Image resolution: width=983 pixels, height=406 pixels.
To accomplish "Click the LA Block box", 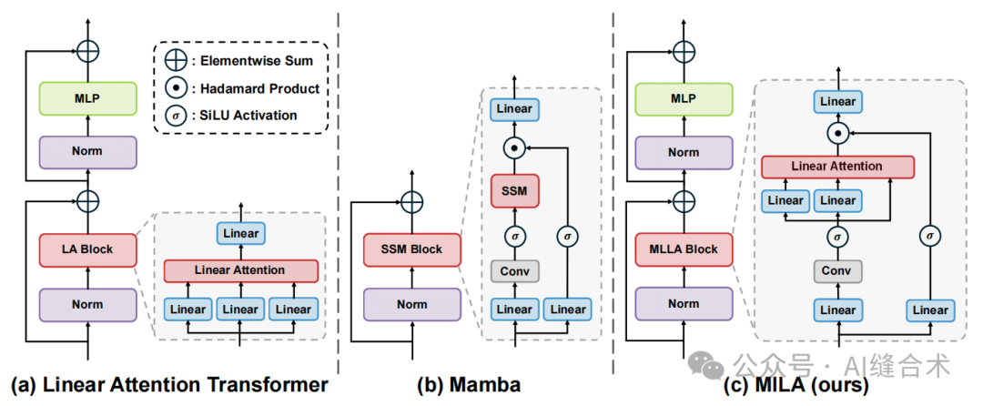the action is coord(87,249).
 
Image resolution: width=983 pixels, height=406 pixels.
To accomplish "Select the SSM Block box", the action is coord(412,249).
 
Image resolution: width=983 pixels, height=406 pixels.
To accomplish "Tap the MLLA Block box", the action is coord(684,249).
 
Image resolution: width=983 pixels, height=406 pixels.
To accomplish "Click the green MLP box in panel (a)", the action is coord(87,98).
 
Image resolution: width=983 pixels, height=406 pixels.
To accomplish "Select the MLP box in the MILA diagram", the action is coord(684,98).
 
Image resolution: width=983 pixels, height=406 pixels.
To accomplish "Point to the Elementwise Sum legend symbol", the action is coord(175,61).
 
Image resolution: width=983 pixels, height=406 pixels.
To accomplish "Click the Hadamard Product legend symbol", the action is coord(175,88).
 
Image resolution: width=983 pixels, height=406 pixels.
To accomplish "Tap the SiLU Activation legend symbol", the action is coord(175,115).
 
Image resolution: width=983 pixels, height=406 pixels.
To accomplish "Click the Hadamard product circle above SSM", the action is coord(514,147).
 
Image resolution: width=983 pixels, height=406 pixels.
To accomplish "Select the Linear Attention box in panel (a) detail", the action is coord(240,270).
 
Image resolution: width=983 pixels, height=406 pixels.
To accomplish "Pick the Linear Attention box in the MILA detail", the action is coord(837,167).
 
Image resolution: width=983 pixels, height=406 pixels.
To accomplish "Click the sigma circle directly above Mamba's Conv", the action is coord(514,236).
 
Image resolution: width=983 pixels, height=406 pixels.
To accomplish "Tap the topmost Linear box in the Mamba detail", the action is coord(514,109).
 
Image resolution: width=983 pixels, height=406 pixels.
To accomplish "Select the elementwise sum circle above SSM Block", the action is coord(412,202).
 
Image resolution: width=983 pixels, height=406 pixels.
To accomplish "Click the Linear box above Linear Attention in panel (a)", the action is coord(240,234).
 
